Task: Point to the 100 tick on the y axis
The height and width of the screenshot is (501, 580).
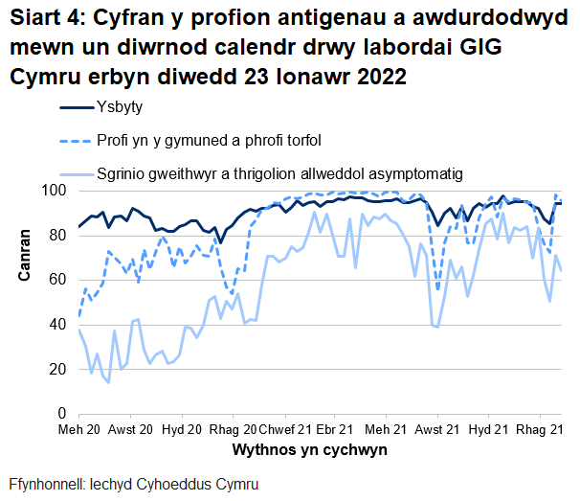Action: [54, 191]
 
